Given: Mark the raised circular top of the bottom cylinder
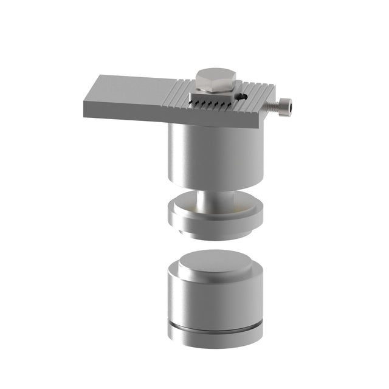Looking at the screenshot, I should (216, 264).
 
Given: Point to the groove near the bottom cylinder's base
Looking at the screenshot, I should (216, 332).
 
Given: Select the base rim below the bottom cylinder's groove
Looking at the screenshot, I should (216, 340).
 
